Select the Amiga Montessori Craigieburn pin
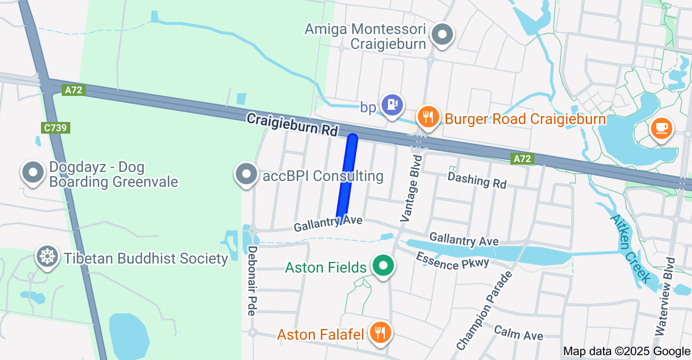[x=442, y=35]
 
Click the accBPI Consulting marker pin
[x=246, y=174]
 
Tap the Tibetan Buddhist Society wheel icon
[x=47, y=257]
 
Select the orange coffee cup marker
[x=662, y=128]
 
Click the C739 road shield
[x=55, y=128]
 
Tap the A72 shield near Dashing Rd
[x=522, y=159]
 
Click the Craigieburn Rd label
[x=292, y=124]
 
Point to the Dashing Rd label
[x=477, y=180]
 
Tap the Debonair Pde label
[x=252, y=280]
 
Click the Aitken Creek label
[x=630, y=248]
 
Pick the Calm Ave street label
[x=518, y=332]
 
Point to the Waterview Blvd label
[x=665, y=296]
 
